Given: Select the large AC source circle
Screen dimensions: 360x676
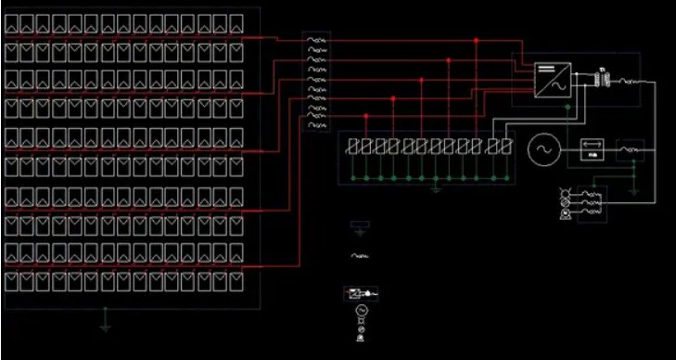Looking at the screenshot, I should [544, 148].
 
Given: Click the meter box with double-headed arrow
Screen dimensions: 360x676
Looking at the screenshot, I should [591, 148].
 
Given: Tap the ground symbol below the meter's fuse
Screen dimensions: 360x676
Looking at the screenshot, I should [633, 190].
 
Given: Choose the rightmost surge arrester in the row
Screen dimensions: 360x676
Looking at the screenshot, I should [504, 147].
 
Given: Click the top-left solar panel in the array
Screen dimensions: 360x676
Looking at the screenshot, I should [13, 22].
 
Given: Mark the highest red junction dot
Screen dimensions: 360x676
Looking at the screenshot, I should [477, 41].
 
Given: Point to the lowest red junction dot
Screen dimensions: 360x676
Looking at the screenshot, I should [366, 116].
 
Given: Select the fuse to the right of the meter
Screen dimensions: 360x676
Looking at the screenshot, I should [631, 148].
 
